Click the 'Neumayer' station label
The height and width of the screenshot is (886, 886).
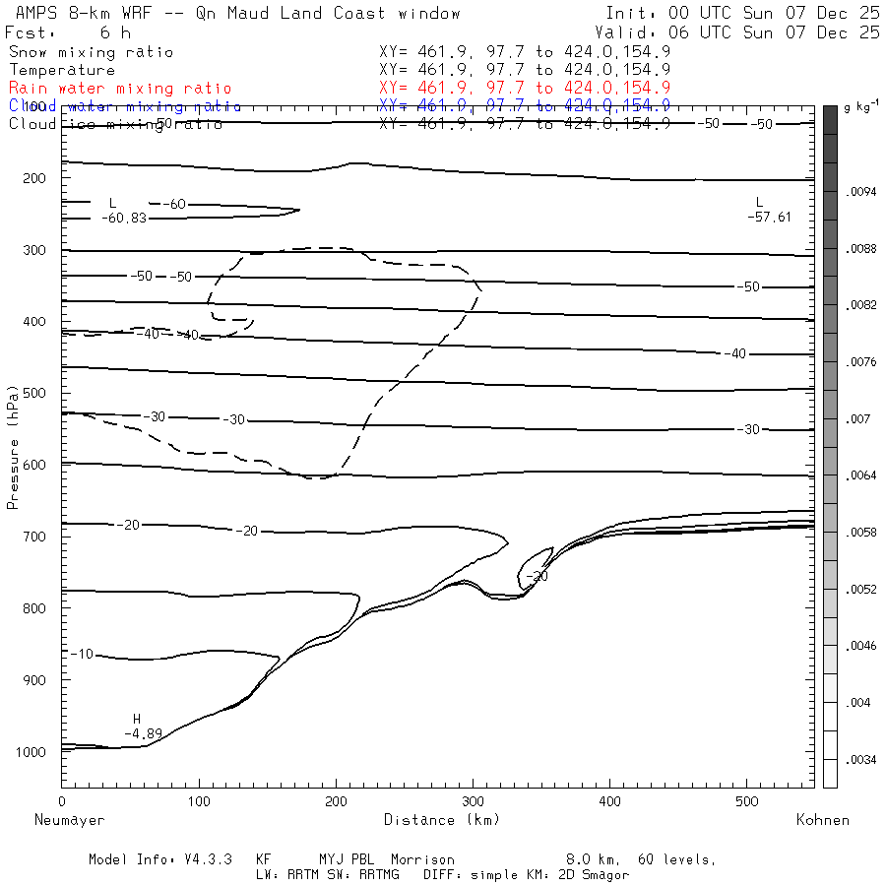click(69, 819)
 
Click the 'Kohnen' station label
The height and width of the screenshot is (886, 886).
click(823, 819)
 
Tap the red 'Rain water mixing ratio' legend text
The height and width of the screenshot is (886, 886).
click(120, 88)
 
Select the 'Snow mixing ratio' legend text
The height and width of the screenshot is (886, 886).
click(91, 51)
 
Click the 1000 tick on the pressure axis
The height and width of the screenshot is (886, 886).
click(35, 751)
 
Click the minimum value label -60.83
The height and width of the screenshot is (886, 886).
click(123, 218)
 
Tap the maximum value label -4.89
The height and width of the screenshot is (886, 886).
click(143, 733)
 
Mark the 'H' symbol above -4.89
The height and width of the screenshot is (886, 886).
click(138, 719)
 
